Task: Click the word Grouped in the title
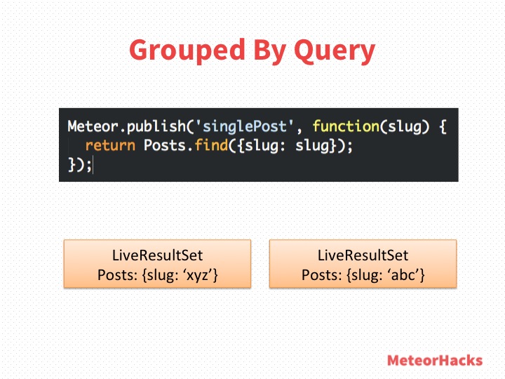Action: point(187,50)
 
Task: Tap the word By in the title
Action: point(270,51)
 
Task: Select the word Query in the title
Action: point(335,51)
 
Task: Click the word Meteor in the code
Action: point(93,126)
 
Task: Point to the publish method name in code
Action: point(156,126)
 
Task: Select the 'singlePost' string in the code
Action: point(245,126)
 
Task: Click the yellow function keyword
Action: point(346,126)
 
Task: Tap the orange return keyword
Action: point(110,145)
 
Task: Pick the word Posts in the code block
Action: point(165,145)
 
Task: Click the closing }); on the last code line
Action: point(79,164)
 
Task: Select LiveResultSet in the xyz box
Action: point(158,255)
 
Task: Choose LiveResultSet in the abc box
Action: point(363,255)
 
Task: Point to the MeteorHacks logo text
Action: point(435,360)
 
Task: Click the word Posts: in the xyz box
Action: point(118,275)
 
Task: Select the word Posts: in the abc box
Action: point(322,275)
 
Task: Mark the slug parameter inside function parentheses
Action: point(405,126)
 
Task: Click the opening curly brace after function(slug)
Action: point(443,126)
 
